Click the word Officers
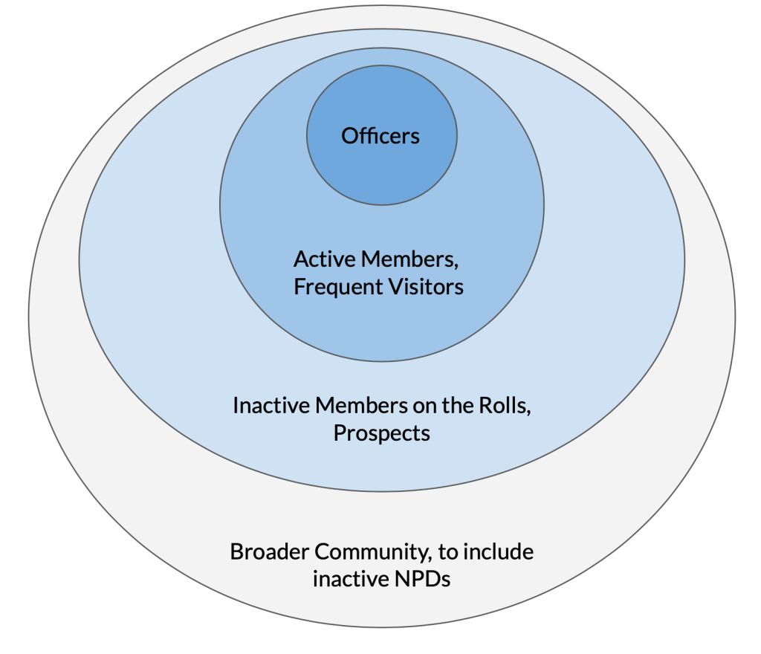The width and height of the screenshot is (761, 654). pyautogui.click(x=380, y=136)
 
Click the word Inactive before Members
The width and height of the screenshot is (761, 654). pyautogui.click(x=271, y=406)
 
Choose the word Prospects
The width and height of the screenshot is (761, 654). pyautogui.click(x=381, y=433)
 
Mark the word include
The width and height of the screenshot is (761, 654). pyautogui.click(x=502, y=552)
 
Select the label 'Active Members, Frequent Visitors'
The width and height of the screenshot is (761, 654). pyautogui.click(x=378, y=273)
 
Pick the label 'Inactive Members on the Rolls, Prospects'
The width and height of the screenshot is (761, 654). pyautogui.click(x=381, y=419)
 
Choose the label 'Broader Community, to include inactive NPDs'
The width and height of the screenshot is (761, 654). pyautogui.click(x=381, y=566)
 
